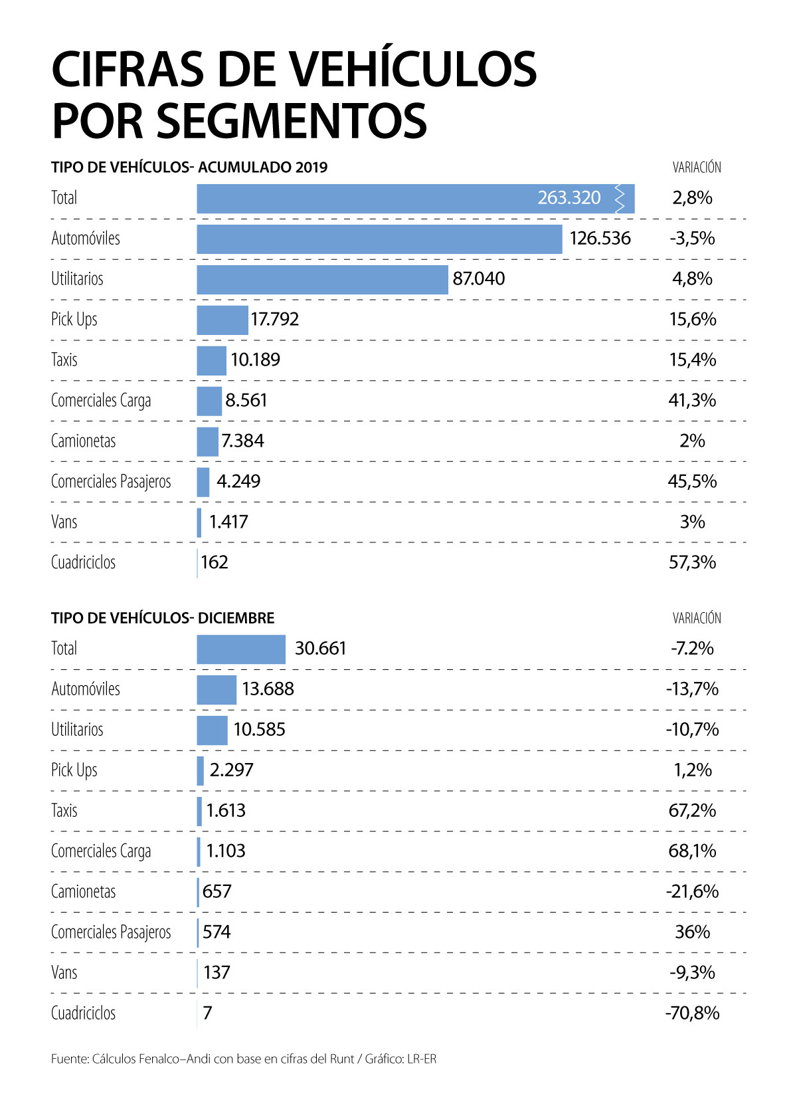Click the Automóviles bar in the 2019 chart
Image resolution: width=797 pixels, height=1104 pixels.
(379, 239)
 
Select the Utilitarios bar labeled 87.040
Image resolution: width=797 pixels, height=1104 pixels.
(322, 279)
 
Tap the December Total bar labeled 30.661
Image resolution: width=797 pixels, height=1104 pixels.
(241, 649)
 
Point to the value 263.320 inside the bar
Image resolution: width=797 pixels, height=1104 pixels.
(569, 197)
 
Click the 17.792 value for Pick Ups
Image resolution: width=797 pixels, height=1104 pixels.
(275, 319)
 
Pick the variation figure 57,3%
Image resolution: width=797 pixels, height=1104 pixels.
(692, 562)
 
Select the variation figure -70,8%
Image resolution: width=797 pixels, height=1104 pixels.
(692, 1013)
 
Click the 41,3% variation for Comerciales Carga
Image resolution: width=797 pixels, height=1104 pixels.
(692, 400)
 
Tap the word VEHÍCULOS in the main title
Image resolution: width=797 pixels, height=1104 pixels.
(413, 70)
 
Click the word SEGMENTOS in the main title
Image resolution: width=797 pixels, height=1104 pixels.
(292, 121)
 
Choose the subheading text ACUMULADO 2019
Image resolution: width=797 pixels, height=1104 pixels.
(262, 167)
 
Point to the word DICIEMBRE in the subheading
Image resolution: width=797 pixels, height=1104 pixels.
(236, 617)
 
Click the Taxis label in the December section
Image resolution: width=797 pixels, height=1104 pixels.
(64, 810)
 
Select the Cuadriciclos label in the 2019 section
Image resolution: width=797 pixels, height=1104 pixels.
(83, 562)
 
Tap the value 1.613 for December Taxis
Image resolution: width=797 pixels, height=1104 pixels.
(226, 810)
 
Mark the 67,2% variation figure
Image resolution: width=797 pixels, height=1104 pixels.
(692, 810)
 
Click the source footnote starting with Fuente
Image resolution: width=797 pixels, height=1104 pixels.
(244, 1059)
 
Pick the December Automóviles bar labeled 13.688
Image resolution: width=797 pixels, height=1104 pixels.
(217, 689)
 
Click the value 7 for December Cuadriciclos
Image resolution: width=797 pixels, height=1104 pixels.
(207, 1013)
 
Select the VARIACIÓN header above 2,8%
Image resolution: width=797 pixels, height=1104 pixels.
(697, 167)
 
